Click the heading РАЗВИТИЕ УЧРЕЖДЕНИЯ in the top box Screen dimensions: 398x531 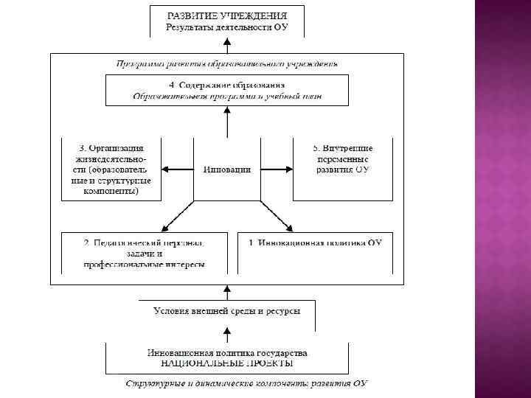pos(226,15)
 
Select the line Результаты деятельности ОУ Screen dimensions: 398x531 pos(226,27)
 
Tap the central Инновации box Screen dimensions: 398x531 pos(226,170)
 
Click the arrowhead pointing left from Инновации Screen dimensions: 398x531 pos(166,170)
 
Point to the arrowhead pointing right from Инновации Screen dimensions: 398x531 pos(288,170)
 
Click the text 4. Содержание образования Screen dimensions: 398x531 pos(226,85)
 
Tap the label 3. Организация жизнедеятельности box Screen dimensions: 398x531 pos(110,168)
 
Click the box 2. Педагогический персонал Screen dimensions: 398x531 pos(144,253)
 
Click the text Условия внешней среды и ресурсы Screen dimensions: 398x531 pos(226,311)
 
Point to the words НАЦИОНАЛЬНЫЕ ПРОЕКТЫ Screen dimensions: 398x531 pos(226,363)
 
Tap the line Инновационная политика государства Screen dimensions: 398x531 pos(226,352)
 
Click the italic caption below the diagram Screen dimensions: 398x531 pos(246,383)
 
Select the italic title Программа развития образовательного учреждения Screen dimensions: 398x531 pos(226,63)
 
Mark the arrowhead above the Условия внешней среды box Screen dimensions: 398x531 pos(227,289)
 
